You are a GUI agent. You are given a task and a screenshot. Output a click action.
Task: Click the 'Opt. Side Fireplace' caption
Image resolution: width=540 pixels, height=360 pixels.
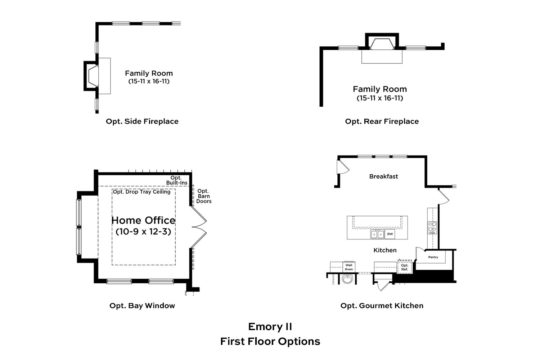pyautogui.click(x=142, y=121)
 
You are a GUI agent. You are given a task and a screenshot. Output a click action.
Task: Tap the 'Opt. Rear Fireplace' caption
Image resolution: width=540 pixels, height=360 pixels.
pyautogui.click(x=382, y=121)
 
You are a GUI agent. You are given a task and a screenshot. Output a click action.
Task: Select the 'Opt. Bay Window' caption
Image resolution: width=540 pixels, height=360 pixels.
pyautogui.click(x=142, y=306)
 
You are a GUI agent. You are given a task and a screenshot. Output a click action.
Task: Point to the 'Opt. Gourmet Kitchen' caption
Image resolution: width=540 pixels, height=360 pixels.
pyautogui.click(x=382, y=306)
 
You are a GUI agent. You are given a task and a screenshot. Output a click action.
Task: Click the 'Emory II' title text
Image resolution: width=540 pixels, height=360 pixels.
pyautogui.click(x=270, y=327)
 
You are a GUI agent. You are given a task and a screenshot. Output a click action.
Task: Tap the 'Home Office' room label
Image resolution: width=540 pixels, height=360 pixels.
pyautogui.click(x=143, y=220)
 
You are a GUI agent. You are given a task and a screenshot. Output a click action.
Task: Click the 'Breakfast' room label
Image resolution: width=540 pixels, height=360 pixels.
pyautogui.click(x=383, y=176)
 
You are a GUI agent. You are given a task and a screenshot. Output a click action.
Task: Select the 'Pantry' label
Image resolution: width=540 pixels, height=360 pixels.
pyautogui.click(x=433, y=257)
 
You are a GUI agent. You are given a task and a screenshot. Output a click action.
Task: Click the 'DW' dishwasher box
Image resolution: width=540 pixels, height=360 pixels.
pyautogui.click(x=390, y=234)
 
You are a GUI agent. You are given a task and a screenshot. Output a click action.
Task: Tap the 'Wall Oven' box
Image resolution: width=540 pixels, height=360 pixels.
pyautogui.click(x=349, y=267)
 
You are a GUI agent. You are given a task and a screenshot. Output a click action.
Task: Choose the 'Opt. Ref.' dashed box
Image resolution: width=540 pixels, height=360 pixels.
pyautogui.click(x=405, y=267)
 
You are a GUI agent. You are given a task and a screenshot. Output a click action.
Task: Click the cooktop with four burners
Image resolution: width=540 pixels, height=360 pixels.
pyautogui.click(x=432, y=228)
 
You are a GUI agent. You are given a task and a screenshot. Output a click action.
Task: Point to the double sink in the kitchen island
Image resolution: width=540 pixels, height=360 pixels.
pyautogui.click(x=377, y=234)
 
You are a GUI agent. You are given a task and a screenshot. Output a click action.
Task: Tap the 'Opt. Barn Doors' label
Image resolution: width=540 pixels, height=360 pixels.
pyautogui.click(x=204, y=196)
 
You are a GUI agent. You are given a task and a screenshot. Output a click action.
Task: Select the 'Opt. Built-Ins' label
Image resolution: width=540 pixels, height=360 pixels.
pyautogui.click(x=177, y=180)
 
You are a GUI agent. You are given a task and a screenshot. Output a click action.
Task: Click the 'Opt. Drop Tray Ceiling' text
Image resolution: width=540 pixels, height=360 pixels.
pyautogui.click(x=141, y=192)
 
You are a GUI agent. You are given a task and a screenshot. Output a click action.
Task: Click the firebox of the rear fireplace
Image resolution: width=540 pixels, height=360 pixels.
pyautogui.click(x=382, y=44)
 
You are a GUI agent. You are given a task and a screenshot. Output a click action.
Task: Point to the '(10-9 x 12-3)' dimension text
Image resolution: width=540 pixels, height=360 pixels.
pyautogui.click(x=143, y=231)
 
